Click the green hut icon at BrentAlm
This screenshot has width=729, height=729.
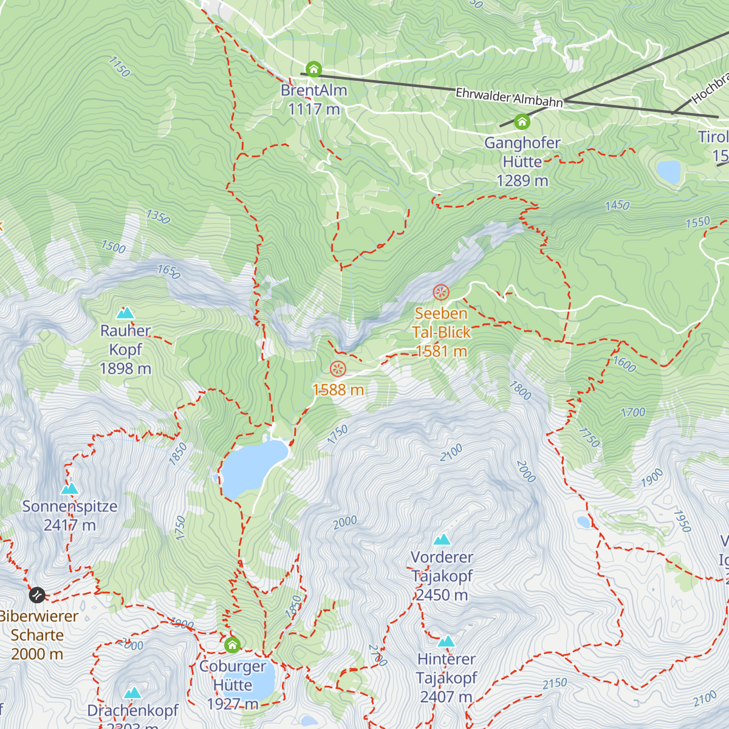coord(313,69)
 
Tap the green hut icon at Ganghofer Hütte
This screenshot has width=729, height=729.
coord(522,122)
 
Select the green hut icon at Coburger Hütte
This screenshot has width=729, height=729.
coord(232,645)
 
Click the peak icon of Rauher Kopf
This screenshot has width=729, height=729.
coord(125,313)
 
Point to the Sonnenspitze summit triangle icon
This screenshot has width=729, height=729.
coord(70,489)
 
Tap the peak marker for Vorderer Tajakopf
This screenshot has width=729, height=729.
coord(442,539)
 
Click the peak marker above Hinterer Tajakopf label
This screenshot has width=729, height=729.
coord(447,642)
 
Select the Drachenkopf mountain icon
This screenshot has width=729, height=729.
coord(132,693)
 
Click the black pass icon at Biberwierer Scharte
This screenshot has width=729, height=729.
coord(37,595)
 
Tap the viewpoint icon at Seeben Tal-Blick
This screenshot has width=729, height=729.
coord(440,292)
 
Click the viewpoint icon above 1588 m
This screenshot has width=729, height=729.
coord(338,368)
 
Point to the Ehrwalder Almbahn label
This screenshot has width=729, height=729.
coord(509,98)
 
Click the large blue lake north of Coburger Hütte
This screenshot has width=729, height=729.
coord(252,467)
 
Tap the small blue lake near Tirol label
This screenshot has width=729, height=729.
coord(668,171)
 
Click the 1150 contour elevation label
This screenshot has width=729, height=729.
coord(119,67)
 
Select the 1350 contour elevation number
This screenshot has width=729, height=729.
coord(158,216)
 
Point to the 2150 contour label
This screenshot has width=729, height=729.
coord(555,684)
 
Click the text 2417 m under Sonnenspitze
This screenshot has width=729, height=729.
coord(70,525)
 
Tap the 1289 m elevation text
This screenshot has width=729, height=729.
coord(522,181)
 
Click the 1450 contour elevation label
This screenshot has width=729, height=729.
coord(617,205)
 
